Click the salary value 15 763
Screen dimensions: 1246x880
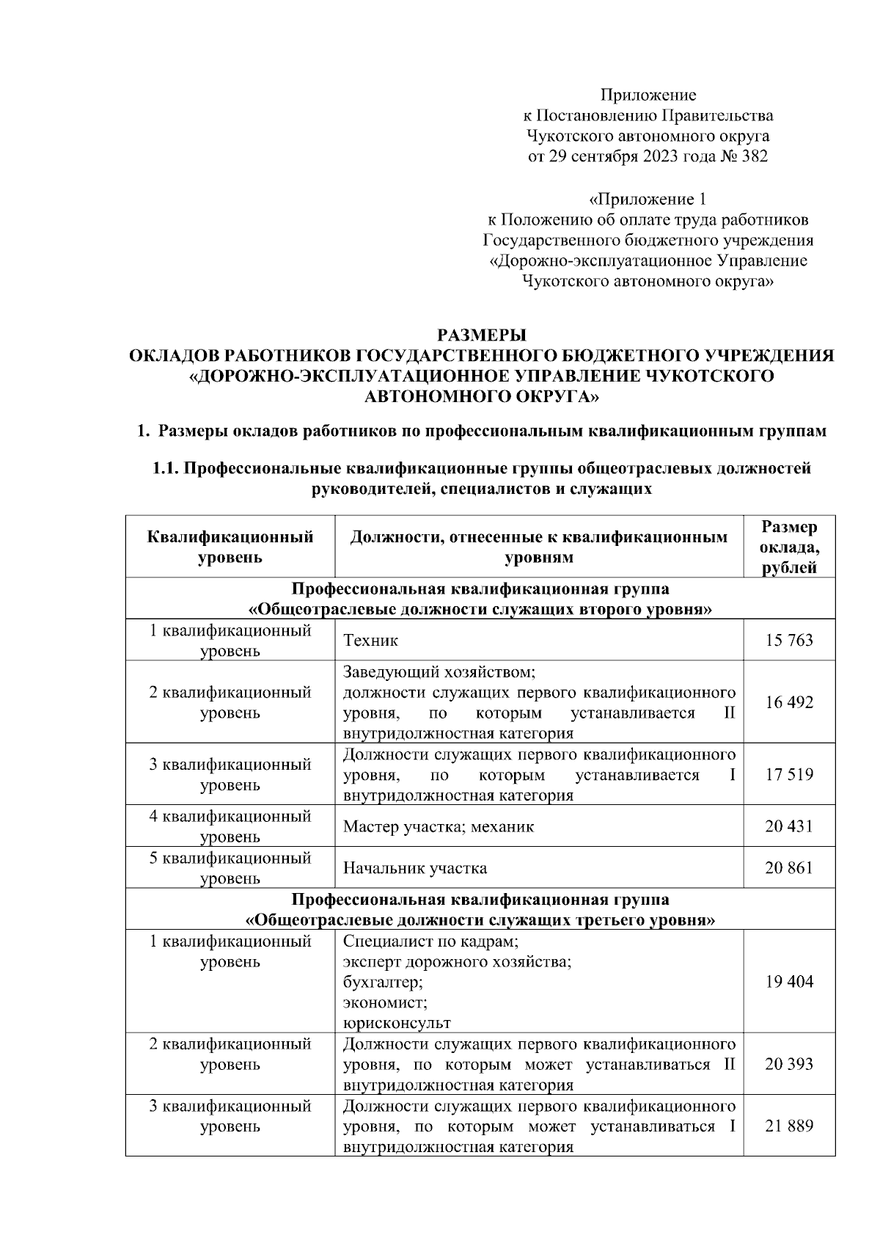click(789, 641)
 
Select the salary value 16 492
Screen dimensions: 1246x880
click(789, 702)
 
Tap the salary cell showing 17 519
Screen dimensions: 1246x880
click(789, 775)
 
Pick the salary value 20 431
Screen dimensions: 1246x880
click(789, 827)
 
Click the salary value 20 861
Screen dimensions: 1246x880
click(789, 869)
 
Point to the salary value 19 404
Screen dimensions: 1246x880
click(789, 983)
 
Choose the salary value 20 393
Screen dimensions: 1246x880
click(789, 1065)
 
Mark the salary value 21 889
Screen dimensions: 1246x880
click(789, 1126)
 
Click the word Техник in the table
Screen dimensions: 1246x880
click(370, 641)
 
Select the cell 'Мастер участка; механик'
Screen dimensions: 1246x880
click(439, 827)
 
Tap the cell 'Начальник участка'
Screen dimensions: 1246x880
click(415, 869)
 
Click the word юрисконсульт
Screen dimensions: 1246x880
click(397, 1023)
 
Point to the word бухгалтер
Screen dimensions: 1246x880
click(383, 982)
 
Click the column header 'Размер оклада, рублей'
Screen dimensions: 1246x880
click(789, 547)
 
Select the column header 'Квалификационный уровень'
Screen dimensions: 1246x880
click(230, 547)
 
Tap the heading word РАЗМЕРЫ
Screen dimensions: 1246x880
click(481, 336)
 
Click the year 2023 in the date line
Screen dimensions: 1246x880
click(661, 156)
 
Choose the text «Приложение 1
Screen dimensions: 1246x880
click(648, 199)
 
